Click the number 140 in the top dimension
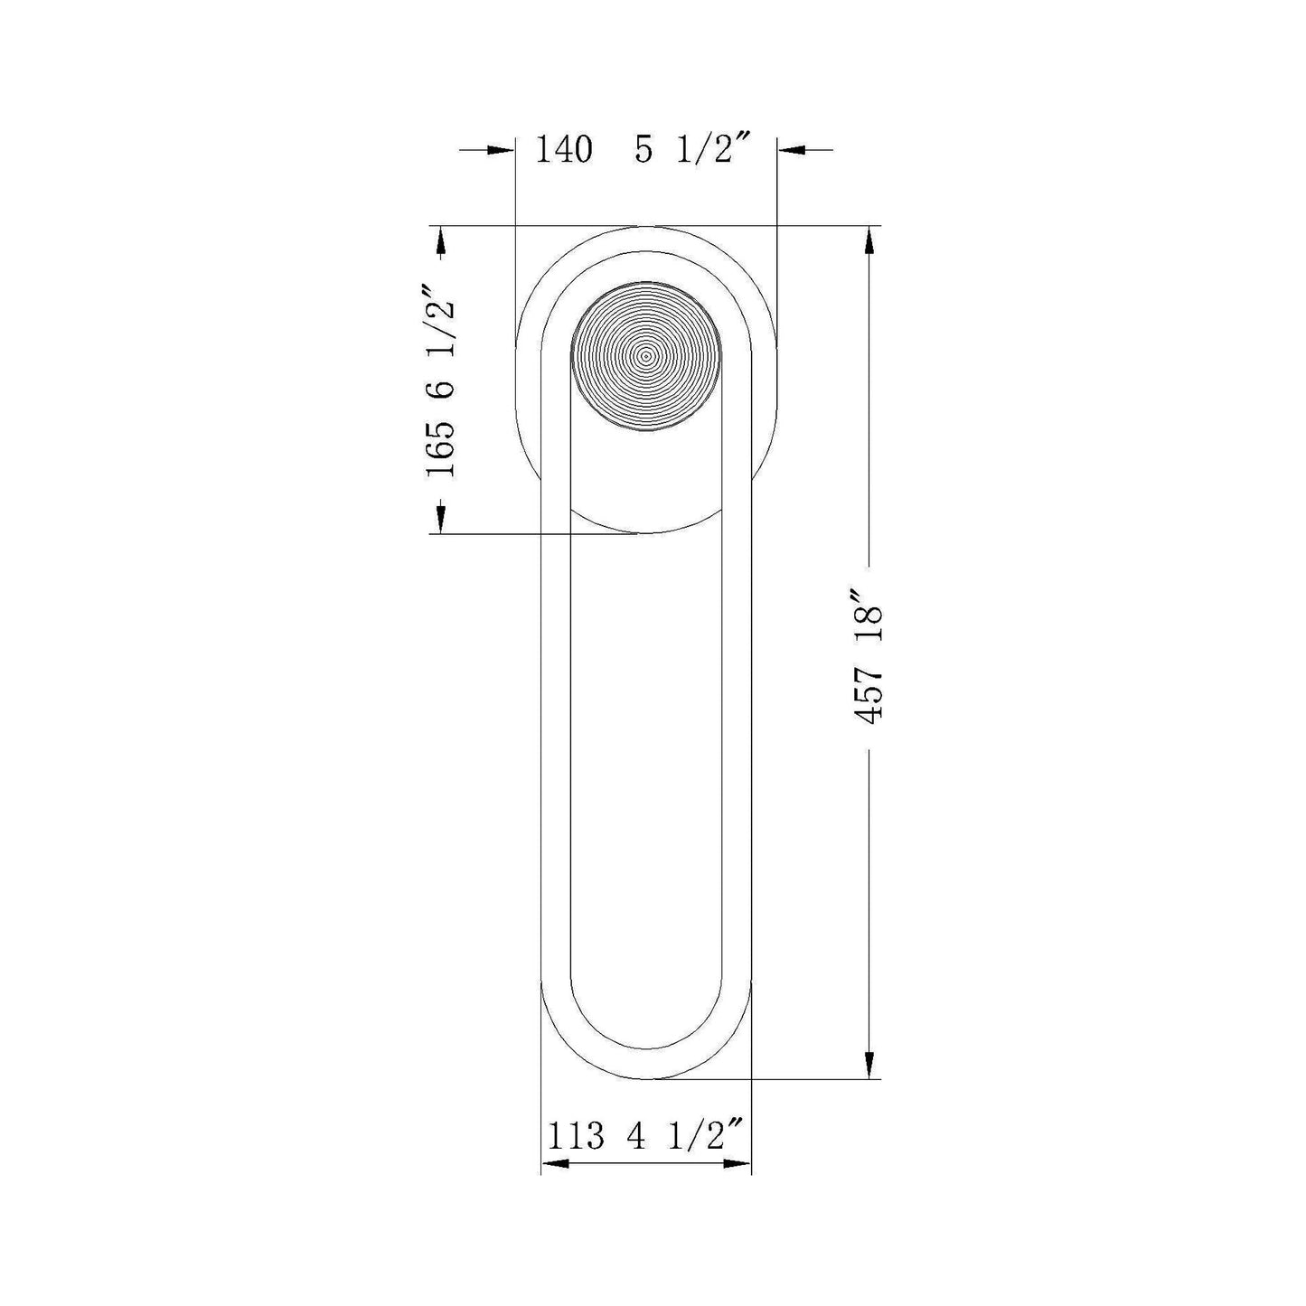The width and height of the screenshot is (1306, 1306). (x=565, y=149)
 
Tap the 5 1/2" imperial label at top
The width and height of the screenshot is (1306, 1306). (x=692, y=149)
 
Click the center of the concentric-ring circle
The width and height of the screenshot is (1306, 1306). (x=646, y=356)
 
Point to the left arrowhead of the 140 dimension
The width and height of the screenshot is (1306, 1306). (x=501, y=150)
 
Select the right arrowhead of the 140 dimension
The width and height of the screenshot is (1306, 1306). (x=792, y=150)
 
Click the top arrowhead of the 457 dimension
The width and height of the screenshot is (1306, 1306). (x=869, y=239)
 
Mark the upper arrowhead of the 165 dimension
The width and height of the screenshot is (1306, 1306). (x=440, y=240)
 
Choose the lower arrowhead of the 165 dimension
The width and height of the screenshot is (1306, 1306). (x=440, y=519)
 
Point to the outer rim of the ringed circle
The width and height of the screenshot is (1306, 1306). (x=720, y=356)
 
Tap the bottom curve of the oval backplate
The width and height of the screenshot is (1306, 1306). (x=646, y=532)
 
